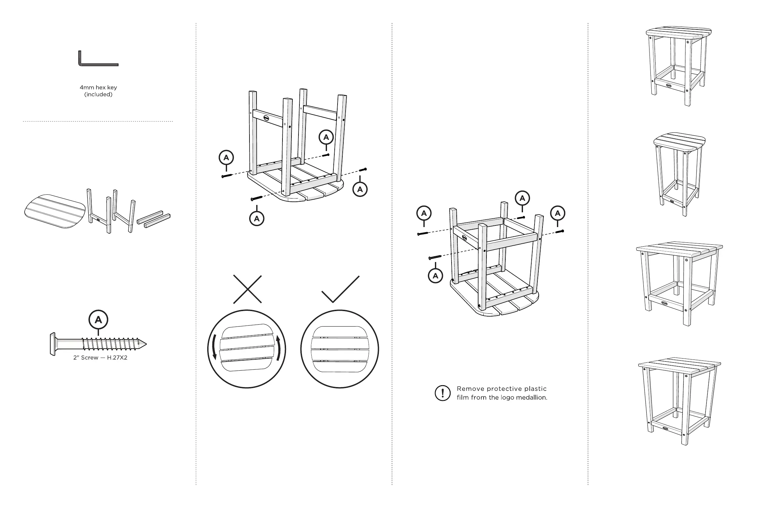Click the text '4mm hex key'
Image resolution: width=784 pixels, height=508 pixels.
(x=98, y=88)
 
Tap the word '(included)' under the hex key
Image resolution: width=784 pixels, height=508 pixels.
(x=98, y=95)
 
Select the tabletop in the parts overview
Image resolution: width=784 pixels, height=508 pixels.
(x=55, y=211)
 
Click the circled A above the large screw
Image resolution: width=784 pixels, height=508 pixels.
(x=98, y=320)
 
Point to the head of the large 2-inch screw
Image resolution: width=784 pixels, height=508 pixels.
(x=53, y=344)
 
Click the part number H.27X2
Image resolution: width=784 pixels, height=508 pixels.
(x=117, y=358)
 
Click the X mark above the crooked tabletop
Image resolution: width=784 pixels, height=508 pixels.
(x=247, y=289)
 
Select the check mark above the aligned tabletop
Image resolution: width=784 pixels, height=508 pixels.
(x=341, y=289)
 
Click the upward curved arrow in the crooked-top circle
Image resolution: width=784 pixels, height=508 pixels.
(x=278, y=348)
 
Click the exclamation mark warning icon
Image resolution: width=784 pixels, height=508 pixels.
(x=442, y=393)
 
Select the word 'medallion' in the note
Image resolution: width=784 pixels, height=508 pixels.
(x=531, y=397)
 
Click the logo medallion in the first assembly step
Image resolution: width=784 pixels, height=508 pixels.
(x=266, y=118)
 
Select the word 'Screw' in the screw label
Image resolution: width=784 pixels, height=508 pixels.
(x=90, y=358)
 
